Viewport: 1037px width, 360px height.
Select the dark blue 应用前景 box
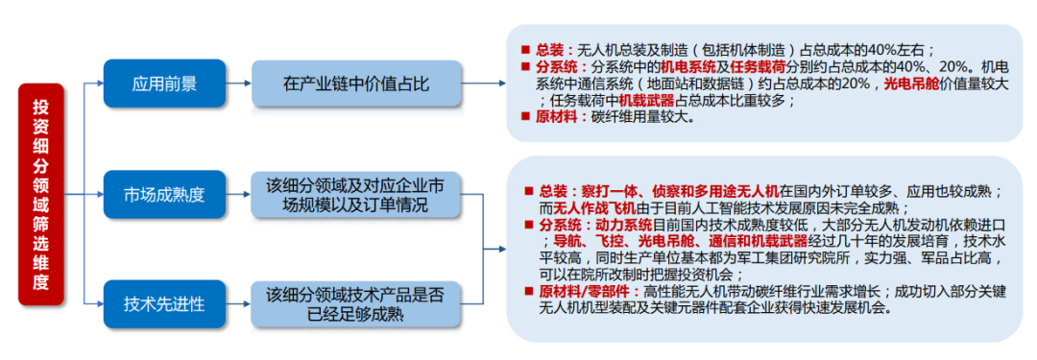[x=164, y=84]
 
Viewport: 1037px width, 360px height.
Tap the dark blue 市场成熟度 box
[x=164, y=195]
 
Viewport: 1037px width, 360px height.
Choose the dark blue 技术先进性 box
[x=164, y=304]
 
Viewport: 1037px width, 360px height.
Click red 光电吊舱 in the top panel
[x=915, y=84]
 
